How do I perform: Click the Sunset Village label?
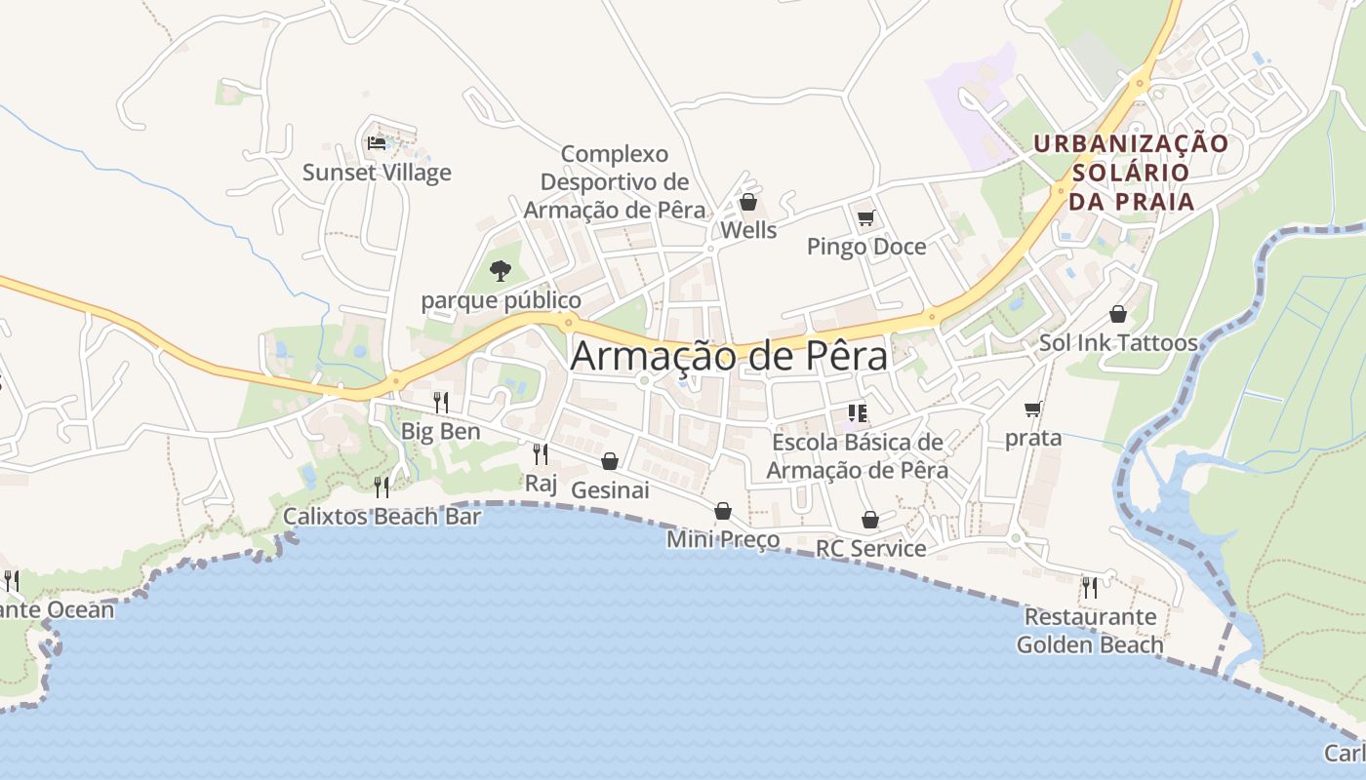[377, 173]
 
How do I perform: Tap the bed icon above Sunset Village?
[377, 143]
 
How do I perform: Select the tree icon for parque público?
[501, 270]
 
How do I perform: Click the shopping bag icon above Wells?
[748, 202]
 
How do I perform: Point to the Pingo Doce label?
[866, 247]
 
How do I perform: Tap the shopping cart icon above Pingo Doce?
[865, 217]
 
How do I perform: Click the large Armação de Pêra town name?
[729, 356]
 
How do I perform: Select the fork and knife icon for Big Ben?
[441, 402]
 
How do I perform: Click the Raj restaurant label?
[540, 483]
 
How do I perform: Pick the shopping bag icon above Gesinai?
[610, 461]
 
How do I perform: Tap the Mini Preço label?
[723, 539]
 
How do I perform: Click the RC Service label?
[870, 548]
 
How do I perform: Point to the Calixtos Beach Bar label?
[382, 516]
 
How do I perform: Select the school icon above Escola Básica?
[858, 413]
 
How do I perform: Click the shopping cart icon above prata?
[1033, 409]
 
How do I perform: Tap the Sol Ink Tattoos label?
[1118, 343]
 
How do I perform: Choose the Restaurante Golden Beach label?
[1090, 631]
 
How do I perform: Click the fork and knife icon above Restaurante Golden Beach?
[1090, 587]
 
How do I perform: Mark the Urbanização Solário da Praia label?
[1132, 173]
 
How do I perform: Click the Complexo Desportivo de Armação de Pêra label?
[615, 182]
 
